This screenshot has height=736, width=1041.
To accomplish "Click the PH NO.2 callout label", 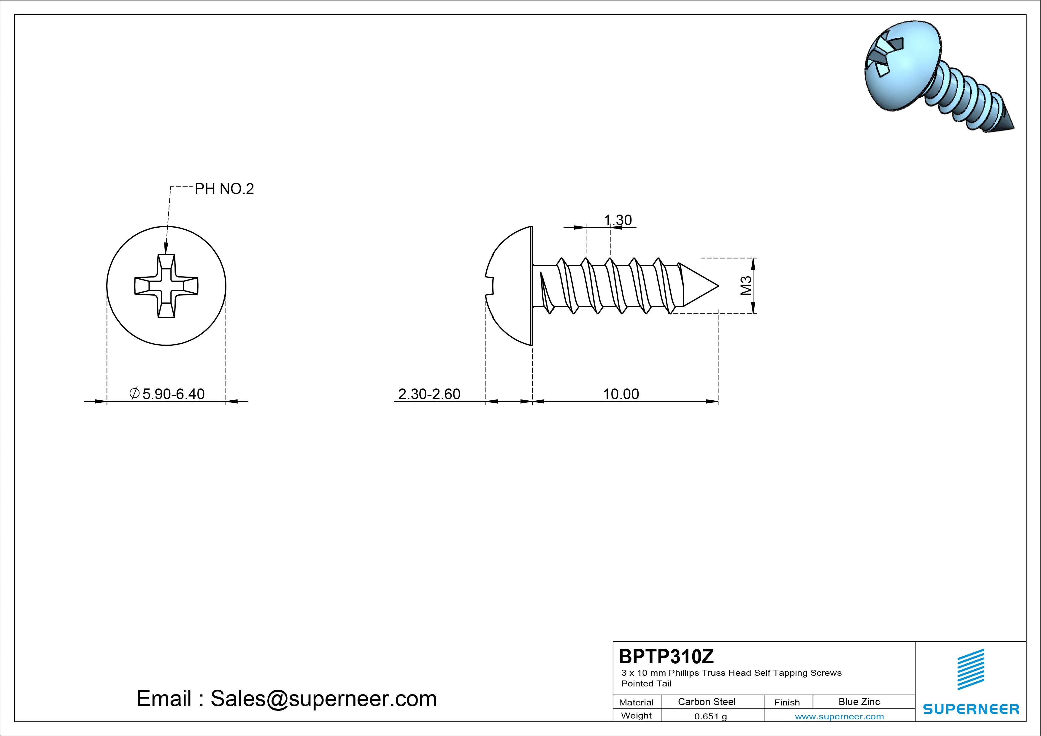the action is (x=224, y=189).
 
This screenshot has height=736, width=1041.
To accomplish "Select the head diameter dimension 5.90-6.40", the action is (x=167, y=394).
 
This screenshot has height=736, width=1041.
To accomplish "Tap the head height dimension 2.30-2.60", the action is (x=429, y=394).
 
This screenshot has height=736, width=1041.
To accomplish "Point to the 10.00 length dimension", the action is (x=621, y=394).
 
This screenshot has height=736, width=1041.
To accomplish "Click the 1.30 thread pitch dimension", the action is (x=618, y=220).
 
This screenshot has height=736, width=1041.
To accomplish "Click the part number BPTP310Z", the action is (x=666, y=656).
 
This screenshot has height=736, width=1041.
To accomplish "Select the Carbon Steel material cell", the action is (x=706, y=702).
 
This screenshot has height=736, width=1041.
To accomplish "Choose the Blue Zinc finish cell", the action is (x=859, y=702).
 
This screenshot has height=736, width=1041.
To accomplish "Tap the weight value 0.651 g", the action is (x=710, y=716).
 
